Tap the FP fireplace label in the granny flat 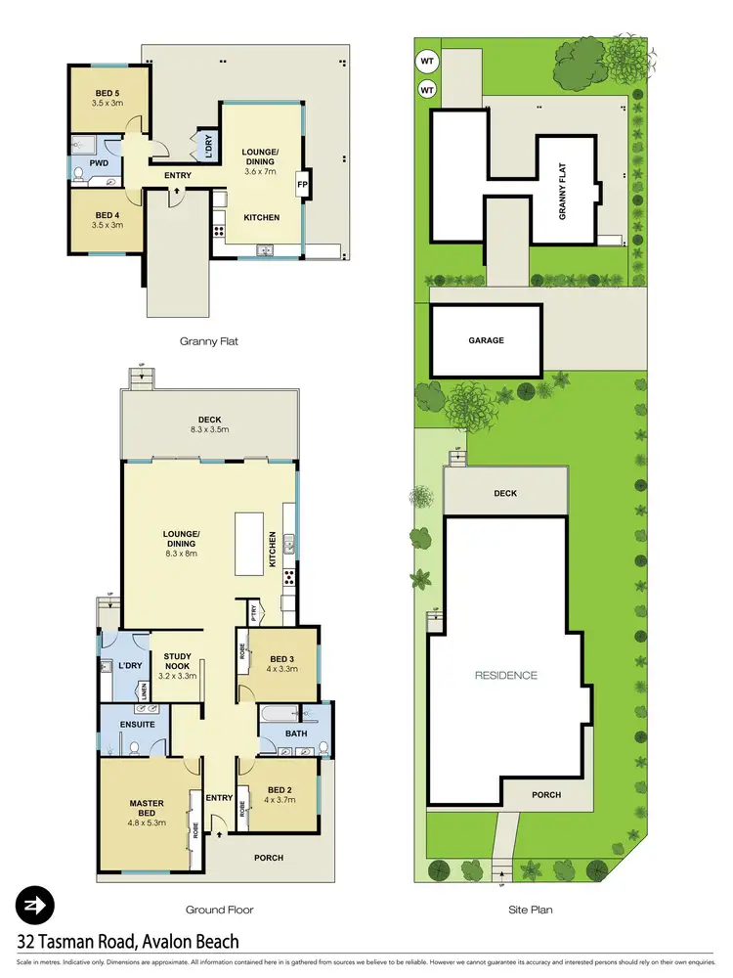[x=302, y=184]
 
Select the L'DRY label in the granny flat [x=208, y=146]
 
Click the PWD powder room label [x=98, y=162]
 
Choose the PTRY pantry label [x=253, y=614]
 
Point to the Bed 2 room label [x=280, y=790]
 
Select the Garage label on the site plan [x=486, y=340]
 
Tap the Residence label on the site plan [x=506, y=675]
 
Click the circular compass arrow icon [x=35, y=907]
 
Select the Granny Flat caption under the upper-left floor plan [x=209, y=342]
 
